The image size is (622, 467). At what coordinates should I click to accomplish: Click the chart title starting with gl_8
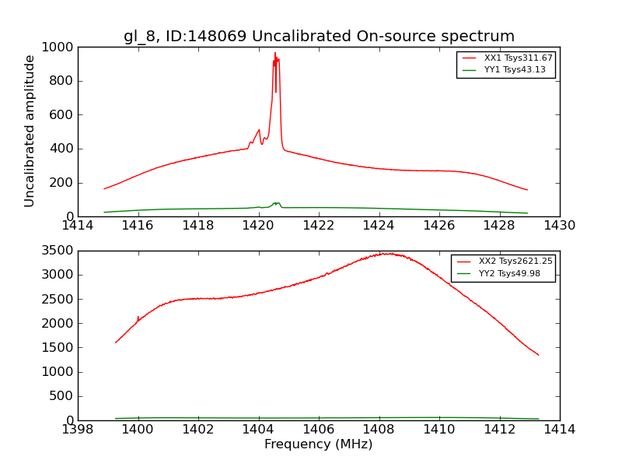click(319, 37)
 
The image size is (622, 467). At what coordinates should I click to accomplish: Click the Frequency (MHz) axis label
click(319, 444)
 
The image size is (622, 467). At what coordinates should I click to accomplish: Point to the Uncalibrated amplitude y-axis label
click(30, 131)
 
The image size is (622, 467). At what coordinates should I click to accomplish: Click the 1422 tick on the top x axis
click(319, 226)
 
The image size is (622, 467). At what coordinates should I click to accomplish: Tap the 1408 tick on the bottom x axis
click(379, 430)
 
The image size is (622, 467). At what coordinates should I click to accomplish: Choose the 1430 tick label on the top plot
click(559, 226)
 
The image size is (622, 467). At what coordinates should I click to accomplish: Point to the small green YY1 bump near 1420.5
click(276, 203)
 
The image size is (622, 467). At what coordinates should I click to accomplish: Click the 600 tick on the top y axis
click(63, 114)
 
